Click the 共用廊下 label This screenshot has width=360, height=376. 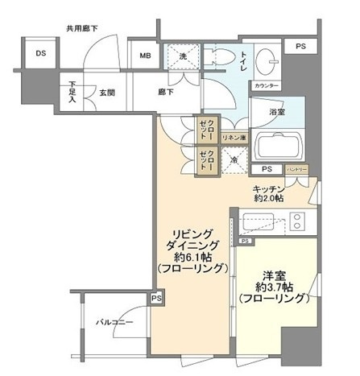82,28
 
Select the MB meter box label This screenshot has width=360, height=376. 145,56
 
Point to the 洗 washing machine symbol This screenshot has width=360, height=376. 183,56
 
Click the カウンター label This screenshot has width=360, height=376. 267,85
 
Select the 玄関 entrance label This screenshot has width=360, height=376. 107,93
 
